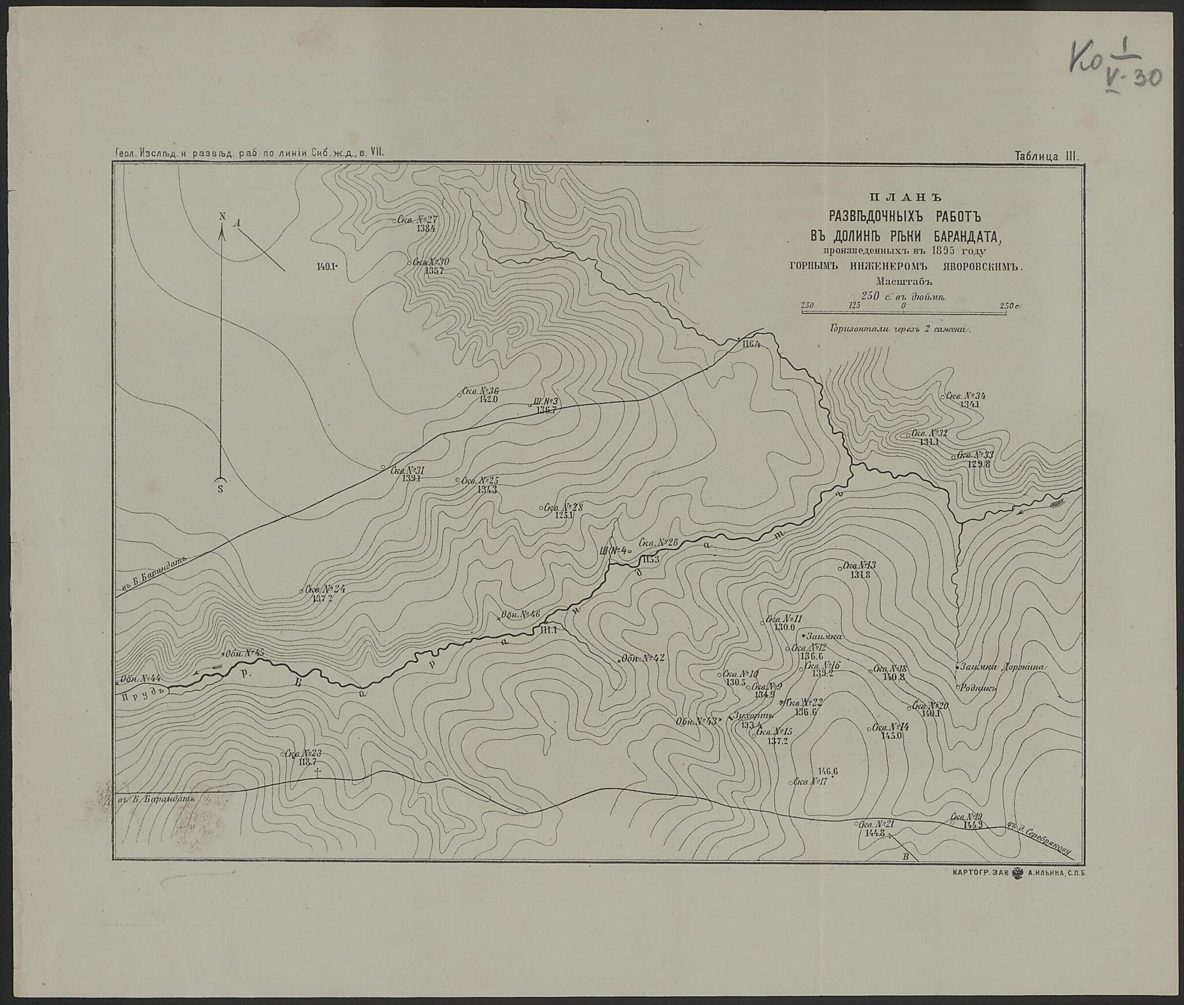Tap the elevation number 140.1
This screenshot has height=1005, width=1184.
(325, 266)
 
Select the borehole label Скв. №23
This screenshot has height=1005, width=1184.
(303, 754)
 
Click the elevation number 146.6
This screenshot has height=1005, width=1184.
(828, 771)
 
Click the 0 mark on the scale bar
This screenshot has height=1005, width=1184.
(904, 305)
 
